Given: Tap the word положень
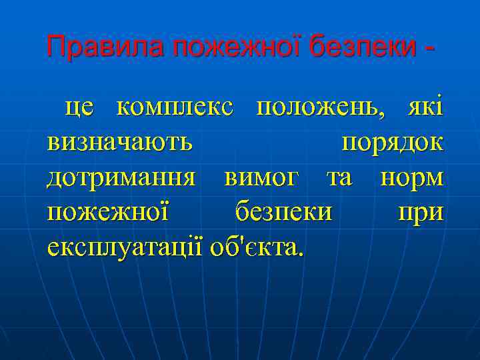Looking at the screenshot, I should tap(321, 109).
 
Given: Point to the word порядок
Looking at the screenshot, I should tap(392, 144).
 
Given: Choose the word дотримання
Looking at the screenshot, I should tap(121, 179).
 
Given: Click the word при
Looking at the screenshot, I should tap(420, 213).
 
